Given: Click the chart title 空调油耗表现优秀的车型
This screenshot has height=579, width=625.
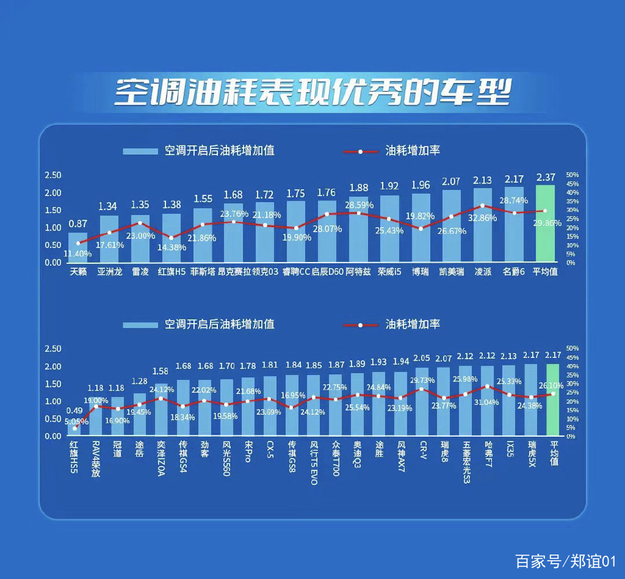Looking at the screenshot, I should tap(312, 92).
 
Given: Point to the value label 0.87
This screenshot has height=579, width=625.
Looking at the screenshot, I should tap(78, 224).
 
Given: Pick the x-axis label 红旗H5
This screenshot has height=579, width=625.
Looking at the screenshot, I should tap(172, 272).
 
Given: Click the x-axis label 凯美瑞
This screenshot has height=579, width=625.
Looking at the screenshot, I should tap(452, 272).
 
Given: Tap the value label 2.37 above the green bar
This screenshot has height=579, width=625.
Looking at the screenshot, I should tap(545, 178).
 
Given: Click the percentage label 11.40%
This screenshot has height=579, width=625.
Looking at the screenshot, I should tap(78, 253).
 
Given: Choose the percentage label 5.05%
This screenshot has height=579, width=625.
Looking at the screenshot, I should tap(76, 421).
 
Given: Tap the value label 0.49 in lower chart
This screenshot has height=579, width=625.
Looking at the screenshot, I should tap(75, 411).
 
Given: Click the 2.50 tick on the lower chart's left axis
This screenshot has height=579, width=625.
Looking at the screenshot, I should tap(53, 349).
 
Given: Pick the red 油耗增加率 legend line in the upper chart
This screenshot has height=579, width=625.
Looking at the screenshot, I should tap(360, 151).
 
